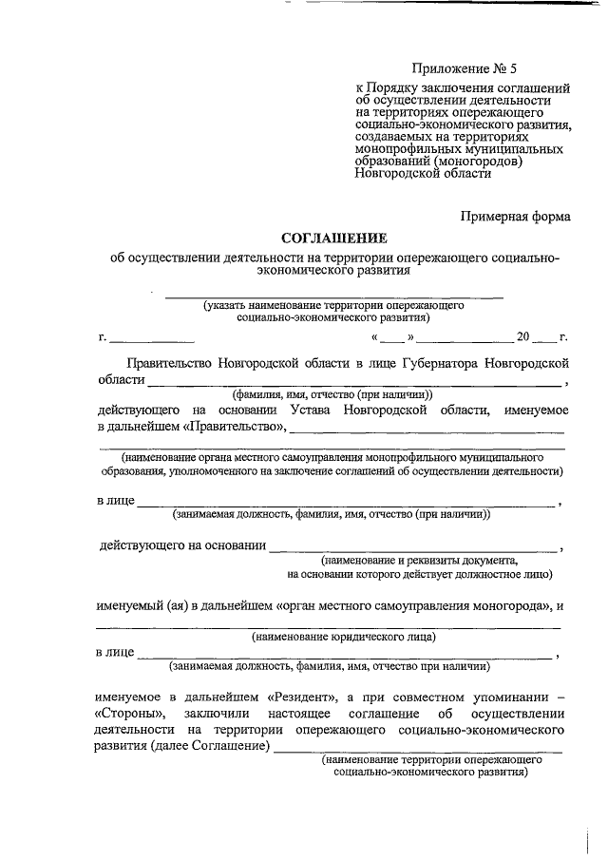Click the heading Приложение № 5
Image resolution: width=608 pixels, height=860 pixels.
(x=465, y=67)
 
